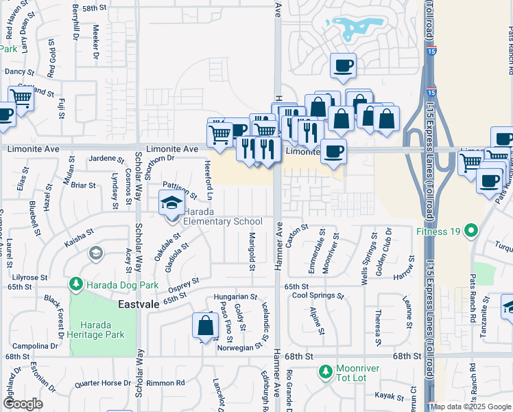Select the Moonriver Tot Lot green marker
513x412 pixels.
click(326, 373)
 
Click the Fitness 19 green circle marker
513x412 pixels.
click(470, 230)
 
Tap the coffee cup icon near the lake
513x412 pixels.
click(343, 66)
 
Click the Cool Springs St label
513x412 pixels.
click(317, 296)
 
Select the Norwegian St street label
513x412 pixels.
click(238, 346)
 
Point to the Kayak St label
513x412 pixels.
click(388, 396)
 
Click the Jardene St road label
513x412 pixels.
click(106, 159)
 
